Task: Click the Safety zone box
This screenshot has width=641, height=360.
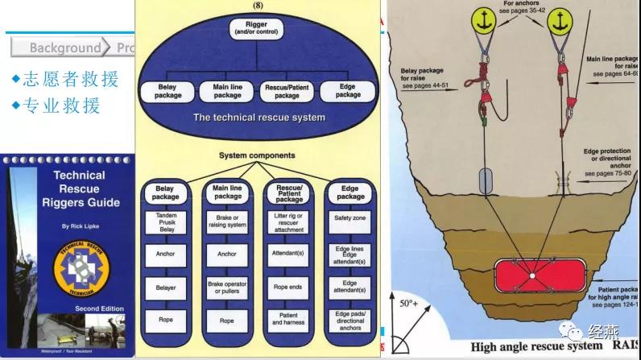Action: (x=350, y=218)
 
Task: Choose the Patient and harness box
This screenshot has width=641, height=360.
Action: (x=288, y=319)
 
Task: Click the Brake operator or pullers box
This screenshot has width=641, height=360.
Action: (x=228, y=287)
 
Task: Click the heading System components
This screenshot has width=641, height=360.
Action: (x=256, y=155)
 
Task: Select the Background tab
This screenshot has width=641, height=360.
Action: (x=64, y=48)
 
